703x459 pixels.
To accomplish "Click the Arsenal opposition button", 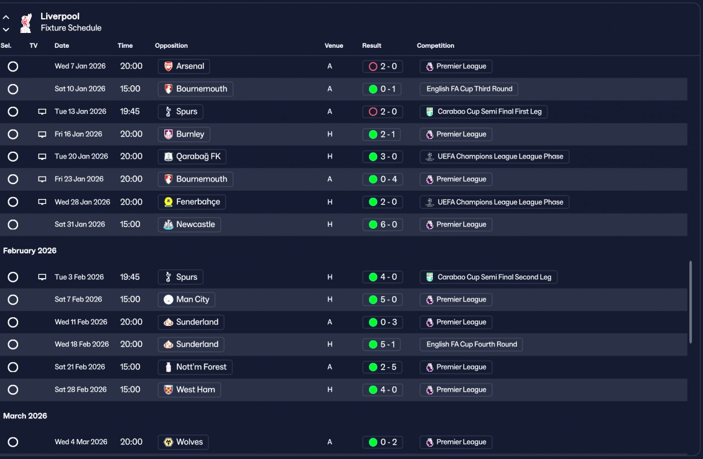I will [x=183, y=67].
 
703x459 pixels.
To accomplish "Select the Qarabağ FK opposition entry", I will [x=192, y=157].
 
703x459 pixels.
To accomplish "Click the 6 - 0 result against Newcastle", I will [x=383, y=224].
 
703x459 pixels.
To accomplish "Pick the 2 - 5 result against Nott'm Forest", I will [x=383, y=367].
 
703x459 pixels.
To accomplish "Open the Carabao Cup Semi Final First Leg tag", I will [x=483, y=112].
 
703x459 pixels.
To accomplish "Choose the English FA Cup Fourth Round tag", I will [x=471, y=345].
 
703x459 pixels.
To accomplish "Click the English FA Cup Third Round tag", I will [x=469, y=89].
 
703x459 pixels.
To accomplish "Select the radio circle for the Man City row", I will [x=13, y=300].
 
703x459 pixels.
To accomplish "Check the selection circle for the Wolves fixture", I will [x=13, y=442].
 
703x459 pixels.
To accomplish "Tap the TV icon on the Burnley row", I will [x=42, y=134].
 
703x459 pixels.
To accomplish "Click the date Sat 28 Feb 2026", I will [x=81, y=390].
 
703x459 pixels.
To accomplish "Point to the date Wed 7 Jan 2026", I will [x=80, y=67].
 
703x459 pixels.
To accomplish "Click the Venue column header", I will [x=333, y=46].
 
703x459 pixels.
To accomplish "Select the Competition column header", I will [x=436, y=46].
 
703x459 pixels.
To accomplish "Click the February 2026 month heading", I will [x=30, y=251].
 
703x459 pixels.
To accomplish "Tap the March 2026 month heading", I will [x=25, y=416].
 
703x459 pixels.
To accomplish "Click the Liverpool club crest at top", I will [x=25, y=23].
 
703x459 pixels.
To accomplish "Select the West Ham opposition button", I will [x=189, y=390].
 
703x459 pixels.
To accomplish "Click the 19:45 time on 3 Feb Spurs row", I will [x=130, y=277].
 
